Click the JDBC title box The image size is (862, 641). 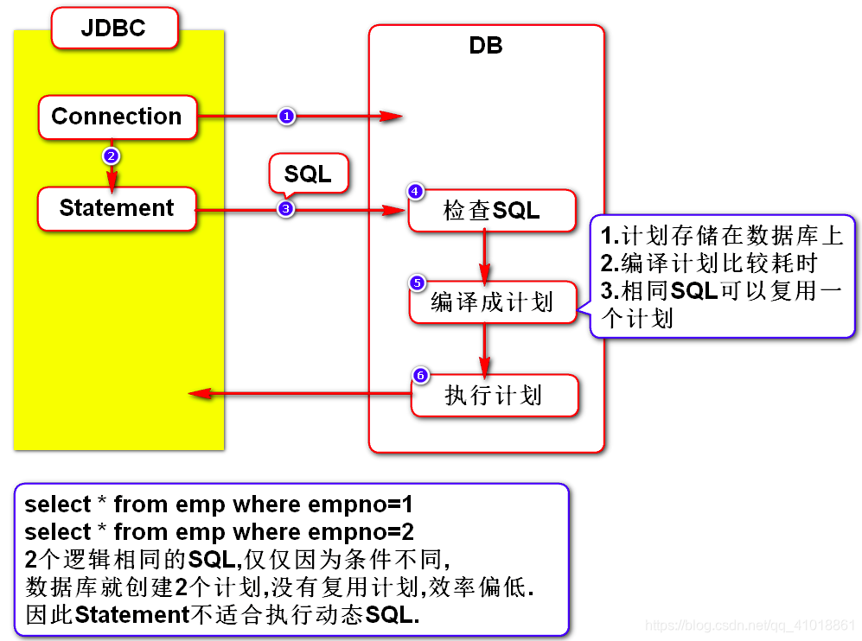tap(114, 28)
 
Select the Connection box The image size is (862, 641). tap(117, 117)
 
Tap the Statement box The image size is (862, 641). tap(117, 208)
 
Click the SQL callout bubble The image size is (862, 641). tap(308, 174)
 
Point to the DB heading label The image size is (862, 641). tap(485, 46)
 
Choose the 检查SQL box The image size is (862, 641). tap(492, 211)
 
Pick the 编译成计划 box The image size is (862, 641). tap(492, 302)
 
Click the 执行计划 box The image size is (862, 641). tap(494, 396)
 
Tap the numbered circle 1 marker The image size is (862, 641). tap(287, 116)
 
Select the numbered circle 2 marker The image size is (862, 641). tap(110, 156)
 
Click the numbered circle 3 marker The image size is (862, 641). tap(286, 208)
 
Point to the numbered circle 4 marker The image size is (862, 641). tap(416, 192)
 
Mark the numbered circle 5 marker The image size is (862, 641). tap(416, 282)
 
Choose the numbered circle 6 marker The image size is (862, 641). tap(420, 375)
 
